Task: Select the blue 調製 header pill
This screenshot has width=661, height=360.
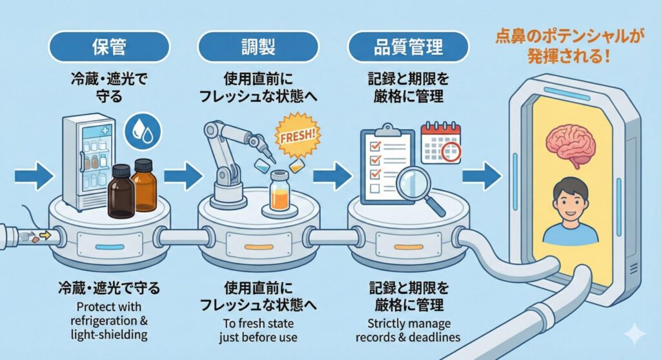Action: tap(258, 47)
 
